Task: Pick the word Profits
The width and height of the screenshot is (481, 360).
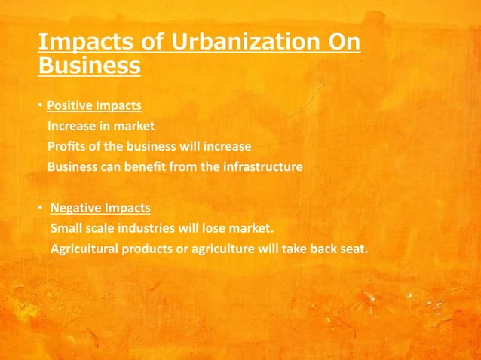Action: click(68, 146)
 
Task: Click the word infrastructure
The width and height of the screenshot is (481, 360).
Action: click(260, 166)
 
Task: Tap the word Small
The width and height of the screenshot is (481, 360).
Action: click(66, 227)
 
